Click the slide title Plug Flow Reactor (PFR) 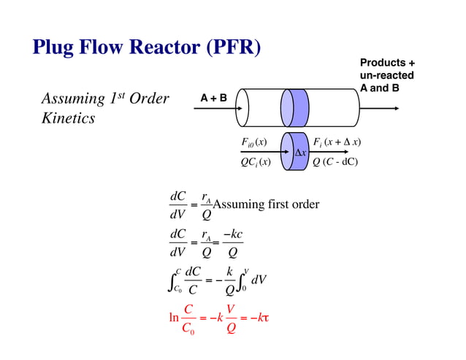click(x=147, y=48)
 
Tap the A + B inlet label click(x=213, y=97)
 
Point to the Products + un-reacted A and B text click(x=387, y=75)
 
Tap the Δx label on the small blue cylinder click(x=300, y=153)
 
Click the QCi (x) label click(x=256, y=161)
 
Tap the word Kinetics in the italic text click(x=68, y=118)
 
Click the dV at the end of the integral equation click(x=259, y=280)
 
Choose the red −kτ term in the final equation click(x=259, y=318)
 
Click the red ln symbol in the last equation click(x=174, y=318)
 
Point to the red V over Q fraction click(x=231, y=318)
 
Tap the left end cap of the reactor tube click(x=243, y=108)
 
